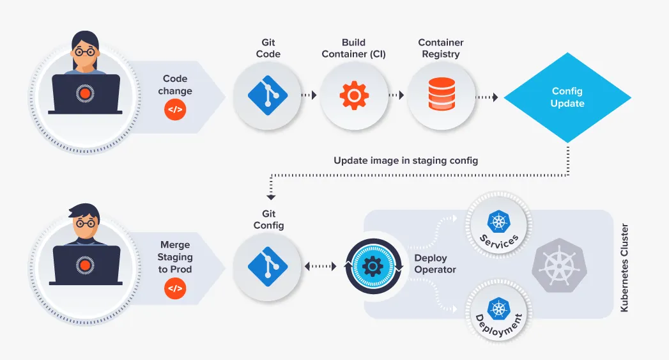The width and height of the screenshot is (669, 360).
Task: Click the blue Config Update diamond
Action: click(x=567, y=98)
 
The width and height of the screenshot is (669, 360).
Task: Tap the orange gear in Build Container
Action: click(x=354, y=97)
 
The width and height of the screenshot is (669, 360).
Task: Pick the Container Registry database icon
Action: click(x=442, y=94)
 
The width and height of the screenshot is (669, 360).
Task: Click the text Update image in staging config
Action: click(x=406, y=160)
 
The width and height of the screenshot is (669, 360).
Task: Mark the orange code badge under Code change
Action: click(x=174, y=111)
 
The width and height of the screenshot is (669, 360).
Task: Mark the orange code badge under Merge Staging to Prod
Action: click(x=174, y=289)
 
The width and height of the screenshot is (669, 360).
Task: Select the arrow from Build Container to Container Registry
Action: click(x=397, y=97)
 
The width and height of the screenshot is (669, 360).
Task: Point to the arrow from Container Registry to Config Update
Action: click(x=486, y=97)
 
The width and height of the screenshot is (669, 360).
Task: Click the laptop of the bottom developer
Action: click(x=86, y=266)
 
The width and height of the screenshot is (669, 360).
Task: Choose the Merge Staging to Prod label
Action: click(x=175, y=257)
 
